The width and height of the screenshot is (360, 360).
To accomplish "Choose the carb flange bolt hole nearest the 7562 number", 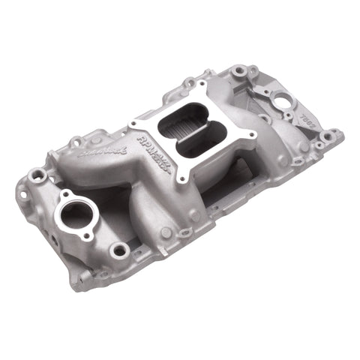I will pos(252,135).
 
